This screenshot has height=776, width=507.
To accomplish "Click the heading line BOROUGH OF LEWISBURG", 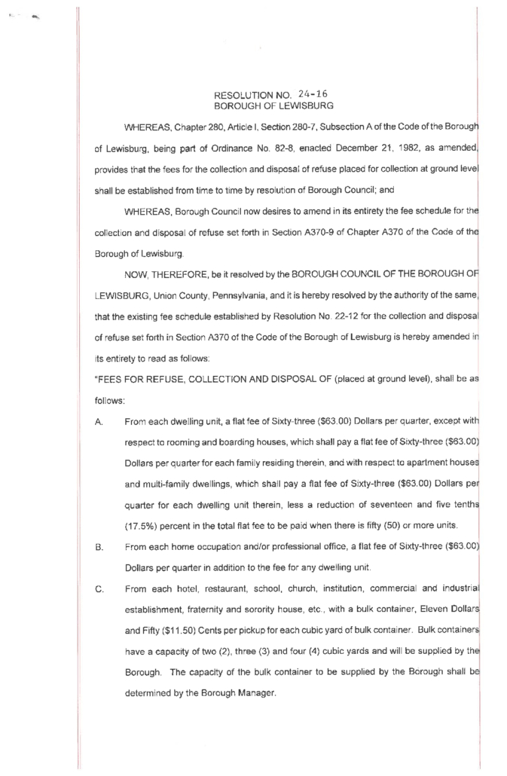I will [x=273, y=106].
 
